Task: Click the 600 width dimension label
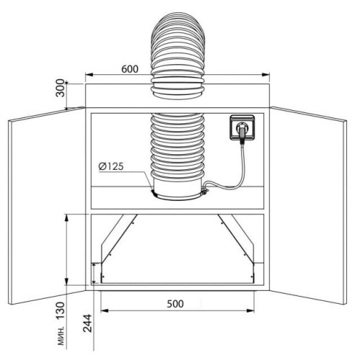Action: (x=130, y=69)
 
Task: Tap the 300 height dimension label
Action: (x=60, y=88)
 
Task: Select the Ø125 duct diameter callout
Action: (x=111, y=166)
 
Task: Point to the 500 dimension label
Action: (x=176, y=304)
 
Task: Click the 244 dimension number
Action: (x=87, y=323)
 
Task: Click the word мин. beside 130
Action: (x=61, y=336)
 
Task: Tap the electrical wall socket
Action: (x=242, y=127)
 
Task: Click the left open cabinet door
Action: (x=47, y=206)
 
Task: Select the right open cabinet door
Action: (x=308, y=206)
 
